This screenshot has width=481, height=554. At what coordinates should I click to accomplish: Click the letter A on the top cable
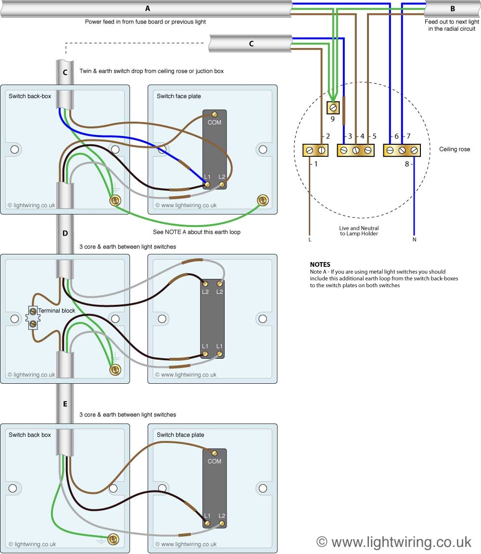(x=147, y=8)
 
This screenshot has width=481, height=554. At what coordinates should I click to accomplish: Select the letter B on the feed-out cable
(x=452, y=9)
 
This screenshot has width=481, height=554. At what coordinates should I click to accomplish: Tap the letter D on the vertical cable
(x=65, y=233)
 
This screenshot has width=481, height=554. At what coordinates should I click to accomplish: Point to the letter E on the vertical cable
(x=65, y=404)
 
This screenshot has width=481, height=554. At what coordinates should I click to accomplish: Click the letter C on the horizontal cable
(x=251, y=43)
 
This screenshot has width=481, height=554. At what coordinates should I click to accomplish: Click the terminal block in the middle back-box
(x=33, y=318)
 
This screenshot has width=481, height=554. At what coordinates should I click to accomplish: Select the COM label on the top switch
(x=215, y=123)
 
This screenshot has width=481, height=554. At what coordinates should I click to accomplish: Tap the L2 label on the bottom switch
(x=222, y=516)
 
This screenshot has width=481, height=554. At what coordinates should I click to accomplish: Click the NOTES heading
(x=320, y=264)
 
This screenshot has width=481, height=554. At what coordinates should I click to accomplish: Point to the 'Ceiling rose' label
(x=455, y=150)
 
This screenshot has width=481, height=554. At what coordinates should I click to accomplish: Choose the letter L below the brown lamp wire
(x=310, y=239)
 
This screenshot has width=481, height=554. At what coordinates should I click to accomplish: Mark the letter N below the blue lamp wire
(x=414, y=239)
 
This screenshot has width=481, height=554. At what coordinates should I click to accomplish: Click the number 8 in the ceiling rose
(x=407, y=164)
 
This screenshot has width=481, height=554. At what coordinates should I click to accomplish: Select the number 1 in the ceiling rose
(x=316, y=164)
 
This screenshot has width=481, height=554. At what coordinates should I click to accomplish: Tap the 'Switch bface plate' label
(x=180, y=435)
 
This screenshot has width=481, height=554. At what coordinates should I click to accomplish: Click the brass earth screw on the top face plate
(x=263, y=200)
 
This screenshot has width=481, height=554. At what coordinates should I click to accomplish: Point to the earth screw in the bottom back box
(x=114, y=539)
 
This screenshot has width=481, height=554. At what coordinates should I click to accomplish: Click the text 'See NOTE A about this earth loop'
(x=196, y=232)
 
